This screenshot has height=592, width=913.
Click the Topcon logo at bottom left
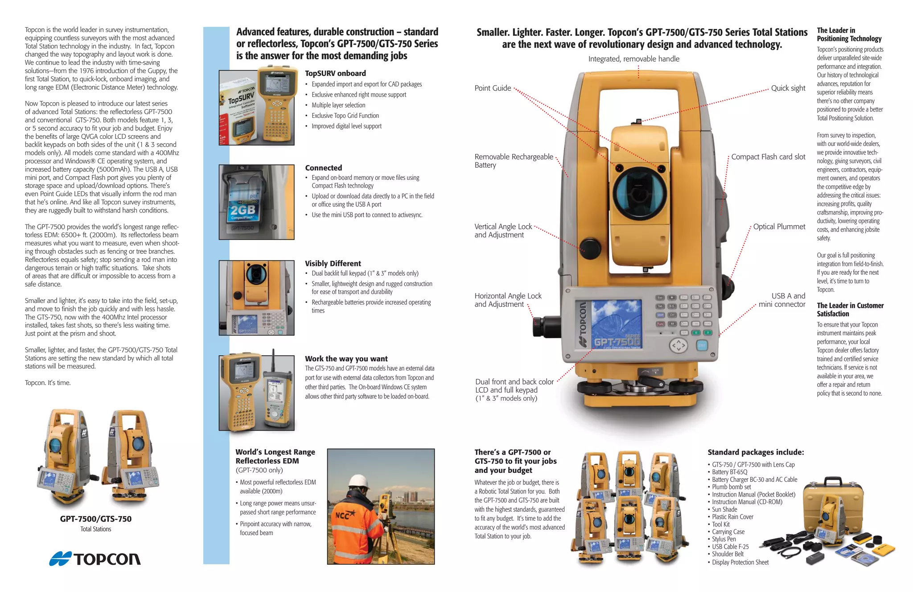click(95, 559)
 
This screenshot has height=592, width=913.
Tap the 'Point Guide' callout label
click(493, 88)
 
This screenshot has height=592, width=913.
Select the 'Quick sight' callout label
click(788, 88)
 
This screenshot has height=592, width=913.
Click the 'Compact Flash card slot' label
click(768, 157)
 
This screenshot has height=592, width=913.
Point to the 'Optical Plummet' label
click(779, 227)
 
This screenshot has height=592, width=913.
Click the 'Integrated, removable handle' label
click(633, 59)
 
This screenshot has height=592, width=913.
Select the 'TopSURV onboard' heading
click(335, 74)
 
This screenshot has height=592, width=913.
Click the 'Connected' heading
click(323, 168)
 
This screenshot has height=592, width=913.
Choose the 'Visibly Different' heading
click(333, 264)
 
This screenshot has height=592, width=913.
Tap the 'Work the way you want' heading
click(346, 359)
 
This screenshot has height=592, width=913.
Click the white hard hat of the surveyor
click(359, 482)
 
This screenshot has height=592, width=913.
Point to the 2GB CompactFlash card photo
click(256, 202)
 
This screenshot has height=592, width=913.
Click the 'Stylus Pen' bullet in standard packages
click(724, 539)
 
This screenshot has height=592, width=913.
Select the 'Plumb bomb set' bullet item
click(731, 487)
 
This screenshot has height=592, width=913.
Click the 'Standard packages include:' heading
click(756, 452)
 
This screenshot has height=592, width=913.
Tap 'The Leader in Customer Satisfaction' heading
click(850, 310)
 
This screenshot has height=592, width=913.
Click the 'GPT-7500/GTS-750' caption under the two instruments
click(96, 519)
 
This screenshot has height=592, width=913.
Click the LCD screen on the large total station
click(616, 323)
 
